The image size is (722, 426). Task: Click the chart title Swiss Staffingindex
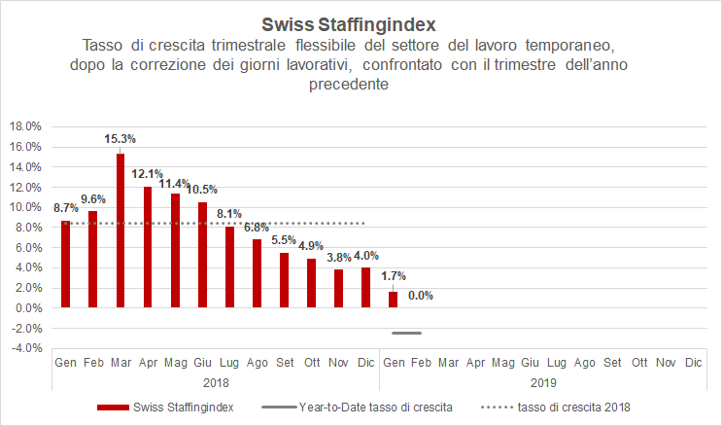[361, 22]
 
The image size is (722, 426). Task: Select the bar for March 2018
[120, 231]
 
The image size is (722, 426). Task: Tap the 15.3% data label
[120, 138]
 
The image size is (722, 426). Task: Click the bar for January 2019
[394, 300]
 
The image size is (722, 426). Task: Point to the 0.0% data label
[421, 295]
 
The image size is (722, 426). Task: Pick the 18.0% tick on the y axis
[25, 126]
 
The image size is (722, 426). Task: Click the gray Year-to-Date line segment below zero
[406, 334]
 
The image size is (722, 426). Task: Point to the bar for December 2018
[365, 288]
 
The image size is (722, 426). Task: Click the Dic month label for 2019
[693, 362]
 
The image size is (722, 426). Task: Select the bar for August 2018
[257, 273]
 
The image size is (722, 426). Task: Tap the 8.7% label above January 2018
[66, 207]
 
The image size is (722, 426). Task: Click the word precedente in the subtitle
[348, 85]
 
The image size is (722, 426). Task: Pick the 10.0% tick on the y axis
[25, 207]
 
